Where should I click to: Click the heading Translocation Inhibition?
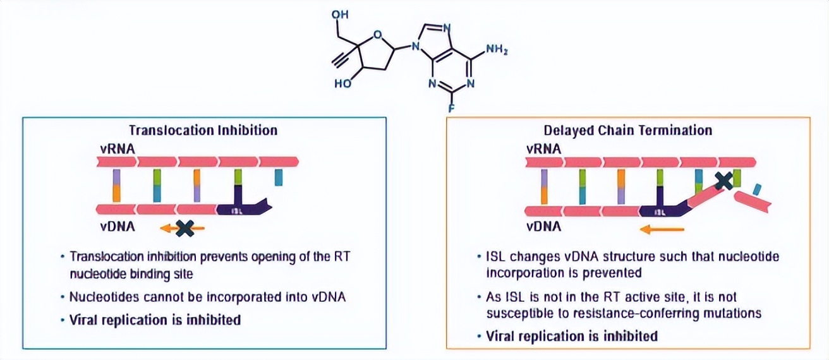pos(203,130)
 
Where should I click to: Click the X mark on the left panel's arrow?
pos(185,228)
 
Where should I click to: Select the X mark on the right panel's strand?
pos(724,181)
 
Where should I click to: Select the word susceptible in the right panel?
pos(514,312)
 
